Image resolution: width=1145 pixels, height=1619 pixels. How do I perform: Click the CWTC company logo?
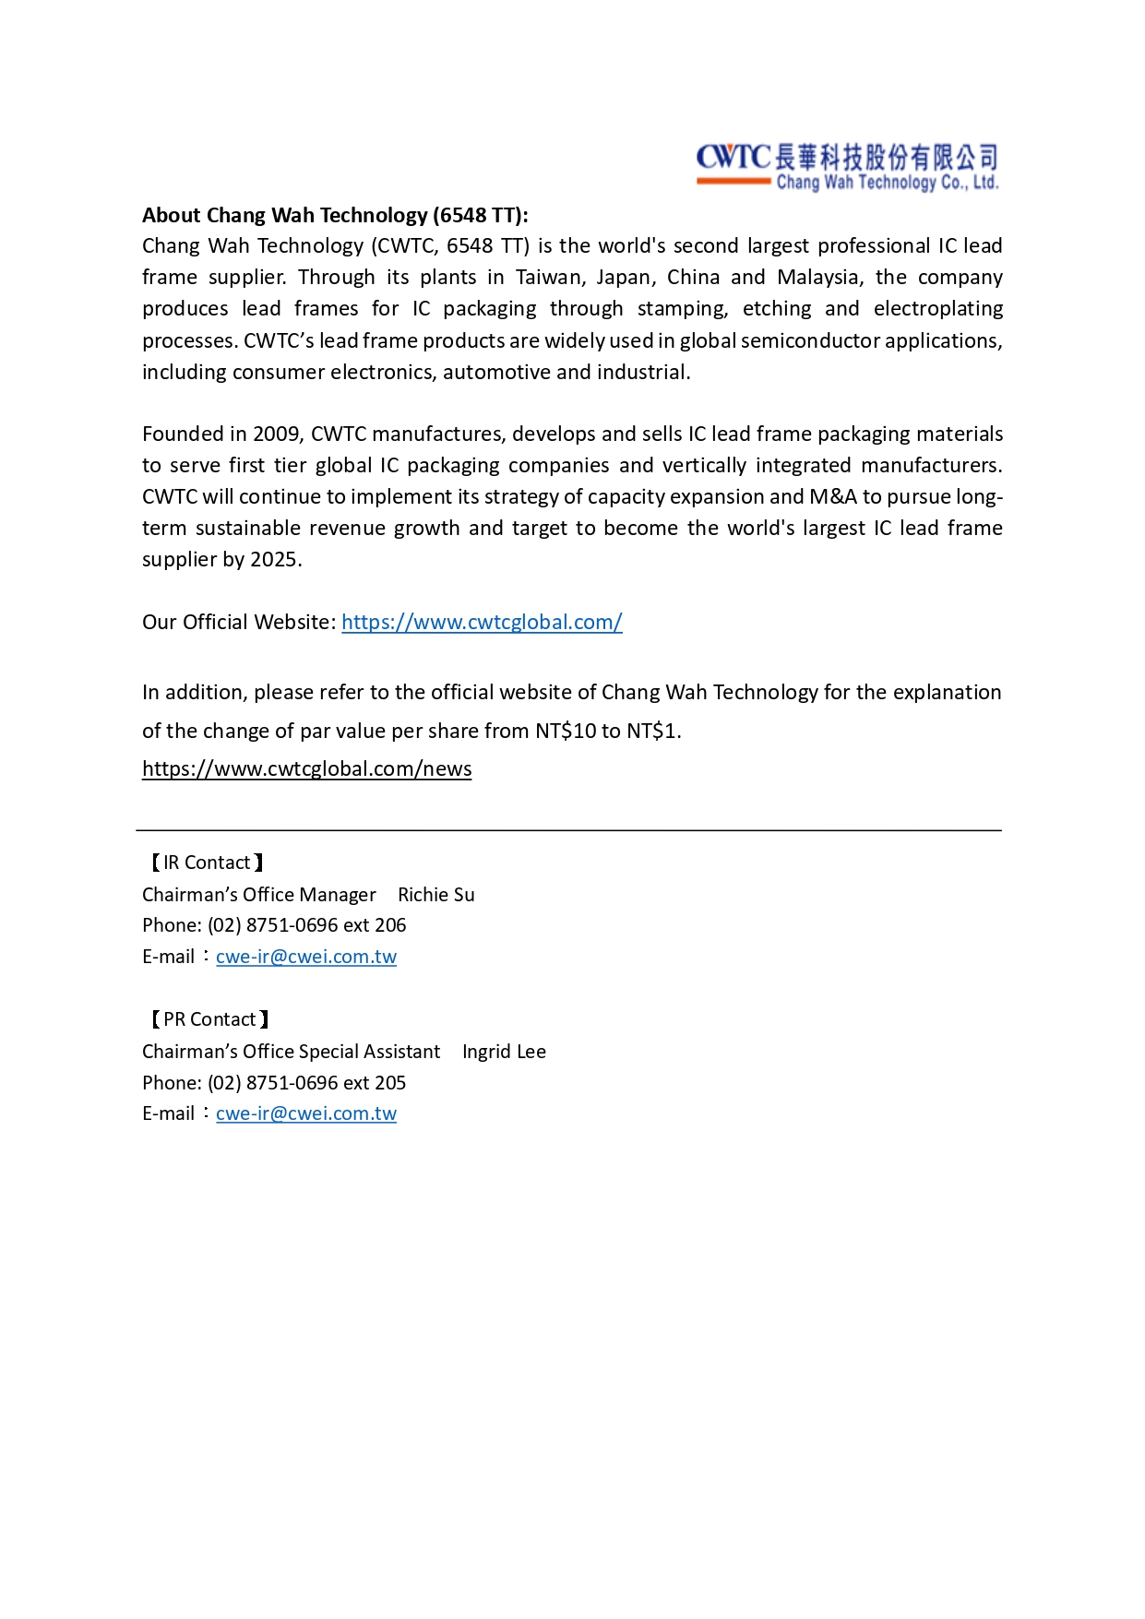(847, 167)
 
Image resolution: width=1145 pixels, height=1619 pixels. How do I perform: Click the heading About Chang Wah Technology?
(335, 216)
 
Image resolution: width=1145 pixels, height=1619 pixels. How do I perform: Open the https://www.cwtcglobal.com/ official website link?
(482, 623)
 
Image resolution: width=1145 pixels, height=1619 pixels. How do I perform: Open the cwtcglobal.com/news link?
(306, 769)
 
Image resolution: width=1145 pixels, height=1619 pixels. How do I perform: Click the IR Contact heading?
(207, 863)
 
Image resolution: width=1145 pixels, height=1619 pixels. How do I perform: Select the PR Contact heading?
(209, 1020)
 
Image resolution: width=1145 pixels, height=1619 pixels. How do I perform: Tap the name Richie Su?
(435, 895)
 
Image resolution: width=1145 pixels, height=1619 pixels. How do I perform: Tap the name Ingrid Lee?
(504, 1053)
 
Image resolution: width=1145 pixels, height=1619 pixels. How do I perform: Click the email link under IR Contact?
(305, 958)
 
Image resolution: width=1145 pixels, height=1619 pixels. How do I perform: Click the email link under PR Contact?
(305, 1114)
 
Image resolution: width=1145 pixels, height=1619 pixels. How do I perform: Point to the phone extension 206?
(390, 925)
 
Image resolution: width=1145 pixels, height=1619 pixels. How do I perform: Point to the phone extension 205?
(390, 1083)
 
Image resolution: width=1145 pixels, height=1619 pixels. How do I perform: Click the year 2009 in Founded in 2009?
(276, 435)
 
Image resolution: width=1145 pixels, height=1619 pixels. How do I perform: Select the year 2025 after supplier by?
(274, 560)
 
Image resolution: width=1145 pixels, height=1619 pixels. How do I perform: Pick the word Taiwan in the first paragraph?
(549, 278)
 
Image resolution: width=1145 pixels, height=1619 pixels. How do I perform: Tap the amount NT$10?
(566, 732)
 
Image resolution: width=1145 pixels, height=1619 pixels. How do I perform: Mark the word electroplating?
(937, 309)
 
